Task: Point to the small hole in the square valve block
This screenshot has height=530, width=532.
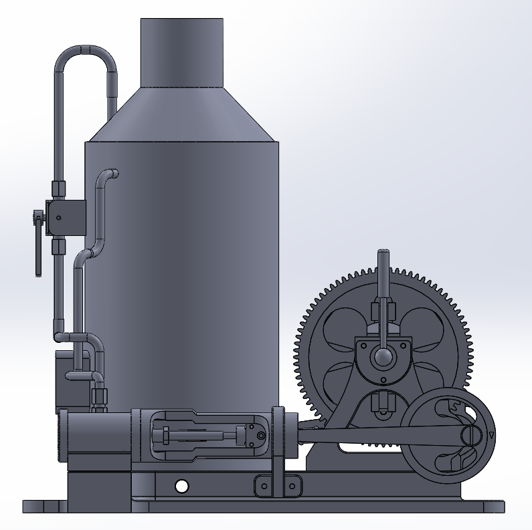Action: pyautogui.click(x=59, y=218)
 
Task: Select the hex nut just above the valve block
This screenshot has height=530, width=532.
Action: pyautogui.click(x=59, y=190)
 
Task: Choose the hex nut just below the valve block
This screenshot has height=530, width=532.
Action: pyautogui.click(x=59, y=247)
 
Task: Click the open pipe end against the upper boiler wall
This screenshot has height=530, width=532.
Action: pyautogui.click(x=114, y=174)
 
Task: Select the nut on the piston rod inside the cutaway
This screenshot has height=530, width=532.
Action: pyautogui.click(x=165, y=437)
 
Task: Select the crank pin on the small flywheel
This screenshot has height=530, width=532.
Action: pyautogui.click(x=472, y=435)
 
